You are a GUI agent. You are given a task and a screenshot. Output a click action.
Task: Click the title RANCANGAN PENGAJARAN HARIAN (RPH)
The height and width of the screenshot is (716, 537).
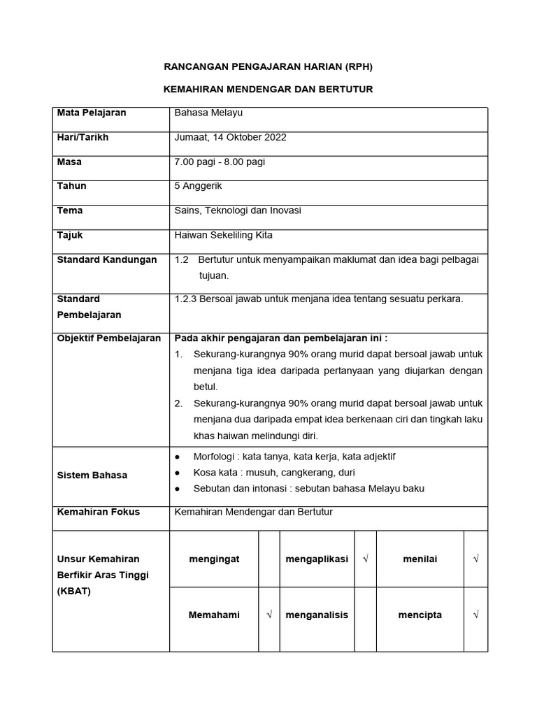click(x=268, y=67)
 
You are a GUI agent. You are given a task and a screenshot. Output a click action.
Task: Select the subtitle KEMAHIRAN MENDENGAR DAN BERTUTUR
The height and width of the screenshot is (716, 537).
click(x=268, y=89)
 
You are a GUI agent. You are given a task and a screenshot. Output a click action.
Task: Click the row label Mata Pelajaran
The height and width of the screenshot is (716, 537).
click(x=92, y=113)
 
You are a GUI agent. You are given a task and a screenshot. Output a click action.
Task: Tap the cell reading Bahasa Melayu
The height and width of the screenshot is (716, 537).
click(x=208, y=113)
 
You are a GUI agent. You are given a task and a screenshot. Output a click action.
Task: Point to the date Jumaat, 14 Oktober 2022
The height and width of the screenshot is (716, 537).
click(x=230, y=137)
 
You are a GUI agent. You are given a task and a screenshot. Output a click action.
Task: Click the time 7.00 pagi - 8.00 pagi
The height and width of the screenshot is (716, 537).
click(x=220, y=162)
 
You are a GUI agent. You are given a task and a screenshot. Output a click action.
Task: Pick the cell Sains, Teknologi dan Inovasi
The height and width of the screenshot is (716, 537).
click(x=238, y=210)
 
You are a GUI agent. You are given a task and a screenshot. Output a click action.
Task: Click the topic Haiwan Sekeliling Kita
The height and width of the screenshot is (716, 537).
click(x=223, y=235)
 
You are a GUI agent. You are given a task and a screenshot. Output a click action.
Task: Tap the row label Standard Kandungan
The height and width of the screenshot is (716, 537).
click(x=107, y=260)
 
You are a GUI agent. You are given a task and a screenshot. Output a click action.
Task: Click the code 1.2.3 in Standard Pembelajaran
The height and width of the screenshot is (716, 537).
click(x=186, y=299)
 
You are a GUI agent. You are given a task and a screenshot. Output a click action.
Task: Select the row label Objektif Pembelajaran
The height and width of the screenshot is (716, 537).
click(x=109, y=338)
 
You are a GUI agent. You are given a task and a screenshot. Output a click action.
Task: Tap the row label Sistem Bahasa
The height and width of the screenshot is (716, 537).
click(x=92, y=475)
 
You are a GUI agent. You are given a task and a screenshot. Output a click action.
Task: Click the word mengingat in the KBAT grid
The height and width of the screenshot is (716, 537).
click(x=214, y=559)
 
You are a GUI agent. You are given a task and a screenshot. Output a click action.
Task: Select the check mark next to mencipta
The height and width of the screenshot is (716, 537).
click(x=475, y=615)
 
